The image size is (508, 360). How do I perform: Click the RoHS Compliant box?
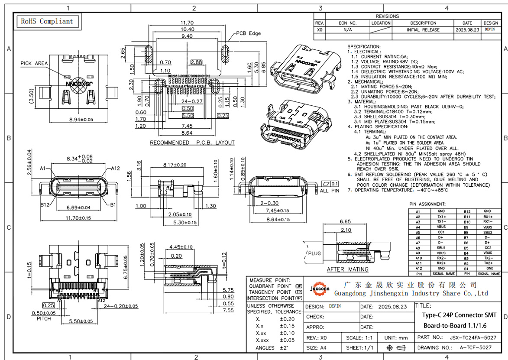tap(47, 21)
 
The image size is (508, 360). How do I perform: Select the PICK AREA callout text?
tap(34, 63)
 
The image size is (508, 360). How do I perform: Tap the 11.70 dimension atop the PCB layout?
tap(187, 23)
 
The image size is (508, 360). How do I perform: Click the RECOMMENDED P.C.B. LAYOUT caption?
tap(192, 143)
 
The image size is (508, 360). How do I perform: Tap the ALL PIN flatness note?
tap(330, 191)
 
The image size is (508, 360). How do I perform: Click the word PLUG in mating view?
tap(314, 253)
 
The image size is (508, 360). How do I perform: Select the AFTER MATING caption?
tap(347, 269)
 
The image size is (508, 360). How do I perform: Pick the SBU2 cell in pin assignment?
tap(487, 232)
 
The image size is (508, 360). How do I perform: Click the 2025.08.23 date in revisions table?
tap(467, 30)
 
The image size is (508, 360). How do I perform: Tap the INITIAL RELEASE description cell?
tap(423, 30)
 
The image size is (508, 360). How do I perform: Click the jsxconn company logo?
tap(320, 288)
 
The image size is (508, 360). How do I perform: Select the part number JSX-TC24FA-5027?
tap(473, 337)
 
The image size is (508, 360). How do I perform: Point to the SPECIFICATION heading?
tap(364, 46)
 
